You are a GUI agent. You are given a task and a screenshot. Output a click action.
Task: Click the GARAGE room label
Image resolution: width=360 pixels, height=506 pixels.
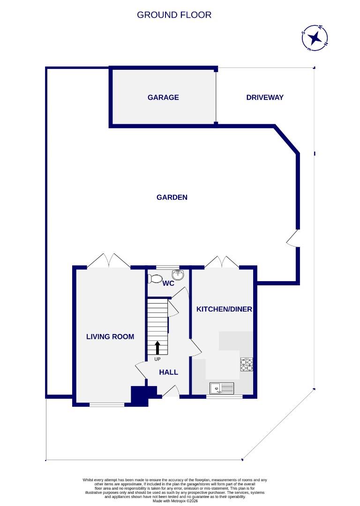[163, 97]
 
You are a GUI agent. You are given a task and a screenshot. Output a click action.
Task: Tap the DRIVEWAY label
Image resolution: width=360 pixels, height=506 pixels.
[265, 97]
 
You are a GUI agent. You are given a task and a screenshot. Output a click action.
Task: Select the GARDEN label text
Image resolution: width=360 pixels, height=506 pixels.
[172, 197]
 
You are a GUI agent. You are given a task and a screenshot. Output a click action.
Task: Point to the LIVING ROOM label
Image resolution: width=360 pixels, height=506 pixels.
[110, 336]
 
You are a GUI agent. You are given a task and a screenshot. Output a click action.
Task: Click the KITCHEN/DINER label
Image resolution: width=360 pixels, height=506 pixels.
[224, 309]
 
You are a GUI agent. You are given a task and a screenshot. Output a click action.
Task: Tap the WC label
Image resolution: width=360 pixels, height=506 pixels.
[168, 283]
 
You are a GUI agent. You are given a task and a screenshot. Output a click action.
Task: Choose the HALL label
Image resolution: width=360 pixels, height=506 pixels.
[168, 372]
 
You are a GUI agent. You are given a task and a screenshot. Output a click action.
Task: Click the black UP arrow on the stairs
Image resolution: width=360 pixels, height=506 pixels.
[157, 348]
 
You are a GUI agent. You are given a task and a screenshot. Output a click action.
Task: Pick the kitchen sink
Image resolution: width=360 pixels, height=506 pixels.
[221, 388]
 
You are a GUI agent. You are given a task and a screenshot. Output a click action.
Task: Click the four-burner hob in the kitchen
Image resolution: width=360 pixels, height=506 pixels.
[247, 365]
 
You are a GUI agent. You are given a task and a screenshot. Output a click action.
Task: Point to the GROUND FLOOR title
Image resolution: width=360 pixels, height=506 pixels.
[174, 15]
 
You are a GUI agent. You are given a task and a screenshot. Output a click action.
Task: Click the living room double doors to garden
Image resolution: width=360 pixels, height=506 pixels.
[109, 260]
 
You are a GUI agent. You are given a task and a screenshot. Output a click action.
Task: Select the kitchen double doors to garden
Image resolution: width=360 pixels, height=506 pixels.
[222, 261]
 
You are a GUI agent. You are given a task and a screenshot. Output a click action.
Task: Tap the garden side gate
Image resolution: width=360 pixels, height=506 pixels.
[292, 238]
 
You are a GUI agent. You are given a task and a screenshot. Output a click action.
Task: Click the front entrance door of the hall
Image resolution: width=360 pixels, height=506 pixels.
[171, 392]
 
